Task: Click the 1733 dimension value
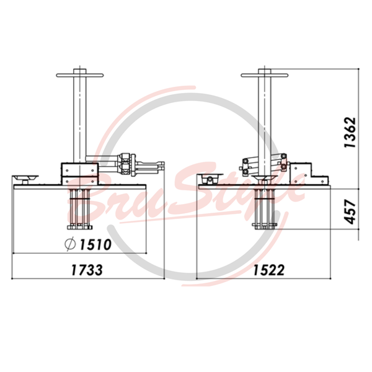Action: (87, 270)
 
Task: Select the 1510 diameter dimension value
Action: (95, 244)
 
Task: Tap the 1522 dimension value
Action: (269, 270)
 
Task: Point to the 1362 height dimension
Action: (350, 133)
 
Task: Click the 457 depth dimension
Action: (350, 211)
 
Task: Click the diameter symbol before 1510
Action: (70, 244)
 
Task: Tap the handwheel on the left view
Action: (80, 75)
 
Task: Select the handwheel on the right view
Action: (265, 75)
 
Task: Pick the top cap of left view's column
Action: (80, 71)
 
